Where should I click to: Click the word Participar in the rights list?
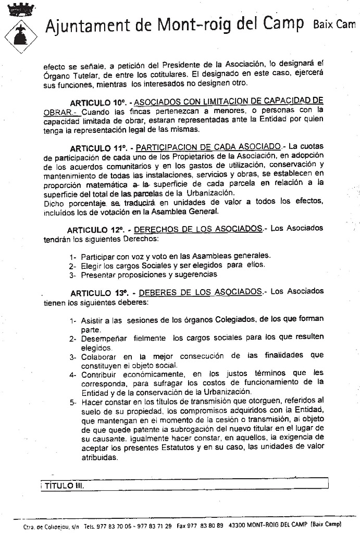(98, 256)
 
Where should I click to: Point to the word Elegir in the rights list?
(91, 265)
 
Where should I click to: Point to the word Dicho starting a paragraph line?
(55, 203)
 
